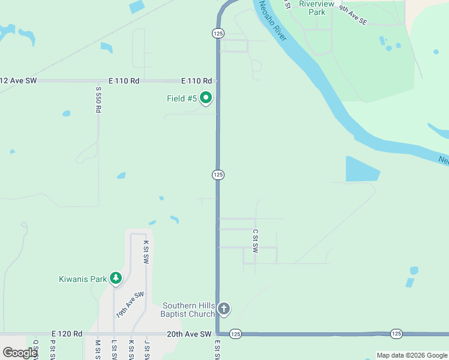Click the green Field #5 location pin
tap(206, 97)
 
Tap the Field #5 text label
tap(182, 98)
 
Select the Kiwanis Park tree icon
tap(116, 278)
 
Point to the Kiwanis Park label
tap(83, 279)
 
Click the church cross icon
tap(223, 310)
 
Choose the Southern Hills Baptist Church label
tap(188, 310)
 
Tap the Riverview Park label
tap(313, 8)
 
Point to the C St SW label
tap(255, 240)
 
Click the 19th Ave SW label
tap(130, 304)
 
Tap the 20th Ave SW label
tap(189, 334)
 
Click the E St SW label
tap(217, 350)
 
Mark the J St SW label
tap(146, 350)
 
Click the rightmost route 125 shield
tap(396, 333)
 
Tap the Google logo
tap(20, 353)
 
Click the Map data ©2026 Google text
tap(412, 355)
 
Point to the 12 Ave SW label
tap(19, 80)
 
